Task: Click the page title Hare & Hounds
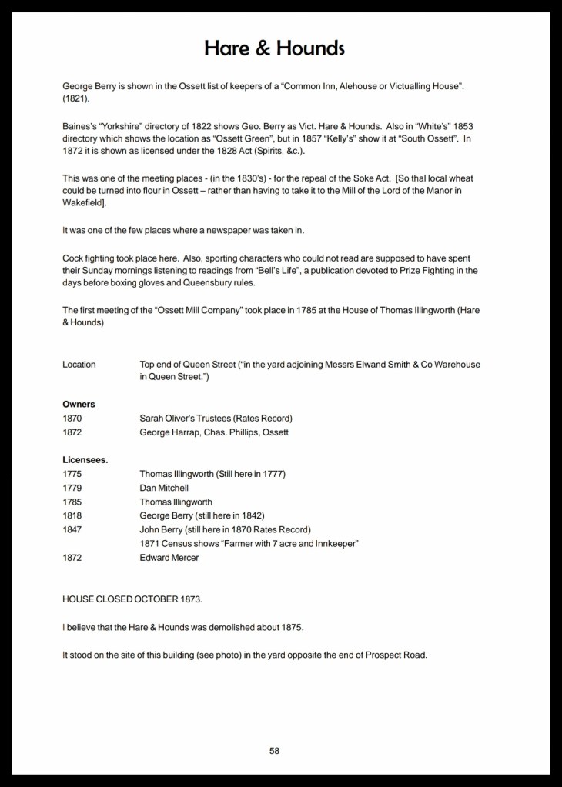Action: click(275, 48)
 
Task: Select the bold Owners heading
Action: click(79, 404)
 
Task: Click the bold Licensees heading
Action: click(85, 460)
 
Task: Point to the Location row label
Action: click(79, 364)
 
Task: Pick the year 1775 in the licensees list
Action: click(72, 474)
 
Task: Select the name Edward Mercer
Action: click(169, 558)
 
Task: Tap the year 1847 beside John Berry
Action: click(72, 529)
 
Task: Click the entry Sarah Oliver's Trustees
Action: click(186, 418)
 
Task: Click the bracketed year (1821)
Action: click(76, 99)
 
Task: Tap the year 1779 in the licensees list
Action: click(72, 488)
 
